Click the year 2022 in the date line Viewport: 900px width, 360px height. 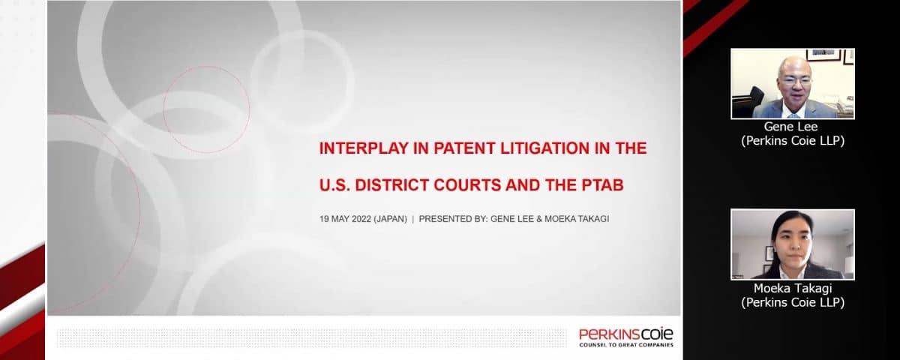point(361,219)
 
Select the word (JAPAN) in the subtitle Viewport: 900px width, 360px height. point(390,219)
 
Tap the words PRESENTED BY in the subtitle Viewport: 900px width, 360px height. point(453,219)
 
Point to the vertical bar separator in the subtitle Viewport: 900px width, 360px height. point(413,219)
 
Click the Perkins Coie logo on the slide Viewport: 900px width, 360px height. point(626,337)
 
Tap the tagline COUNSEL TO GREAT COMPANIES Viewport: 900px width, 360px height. point(626,345)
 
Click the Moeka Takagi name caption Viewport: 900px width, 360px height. point(793,295)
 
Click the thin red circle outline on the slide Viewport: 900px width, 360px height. point(206,109)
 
